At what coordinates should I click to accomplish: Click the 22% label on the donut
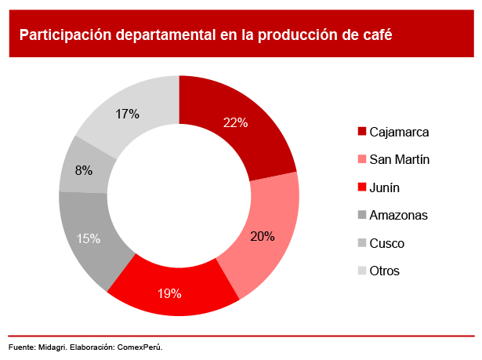pos(235,122)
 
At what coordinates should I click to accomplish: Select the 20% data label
pos(263,235)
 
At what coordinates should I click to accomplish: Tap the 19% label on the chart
pos(169,294)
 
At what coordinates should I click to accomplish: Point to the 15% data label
pos(89,238)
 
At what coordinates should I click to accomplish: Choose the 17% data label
pos(127,114)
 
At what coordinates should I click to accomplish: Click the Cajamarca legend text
pos(399,132)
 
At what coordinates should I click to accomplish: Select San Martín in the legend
pos(400,160)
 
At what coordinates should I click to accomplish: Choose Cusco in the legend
pos(387,243)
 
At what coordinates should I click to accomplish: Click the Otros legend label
pos(385,271)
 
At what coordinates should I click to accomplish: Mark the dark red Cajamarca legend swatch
pos(361,132)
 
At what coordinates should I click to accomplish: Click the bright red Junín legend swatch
pos(361,187)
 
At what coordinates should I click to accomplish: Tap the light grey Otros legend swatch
pos(361,271)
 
